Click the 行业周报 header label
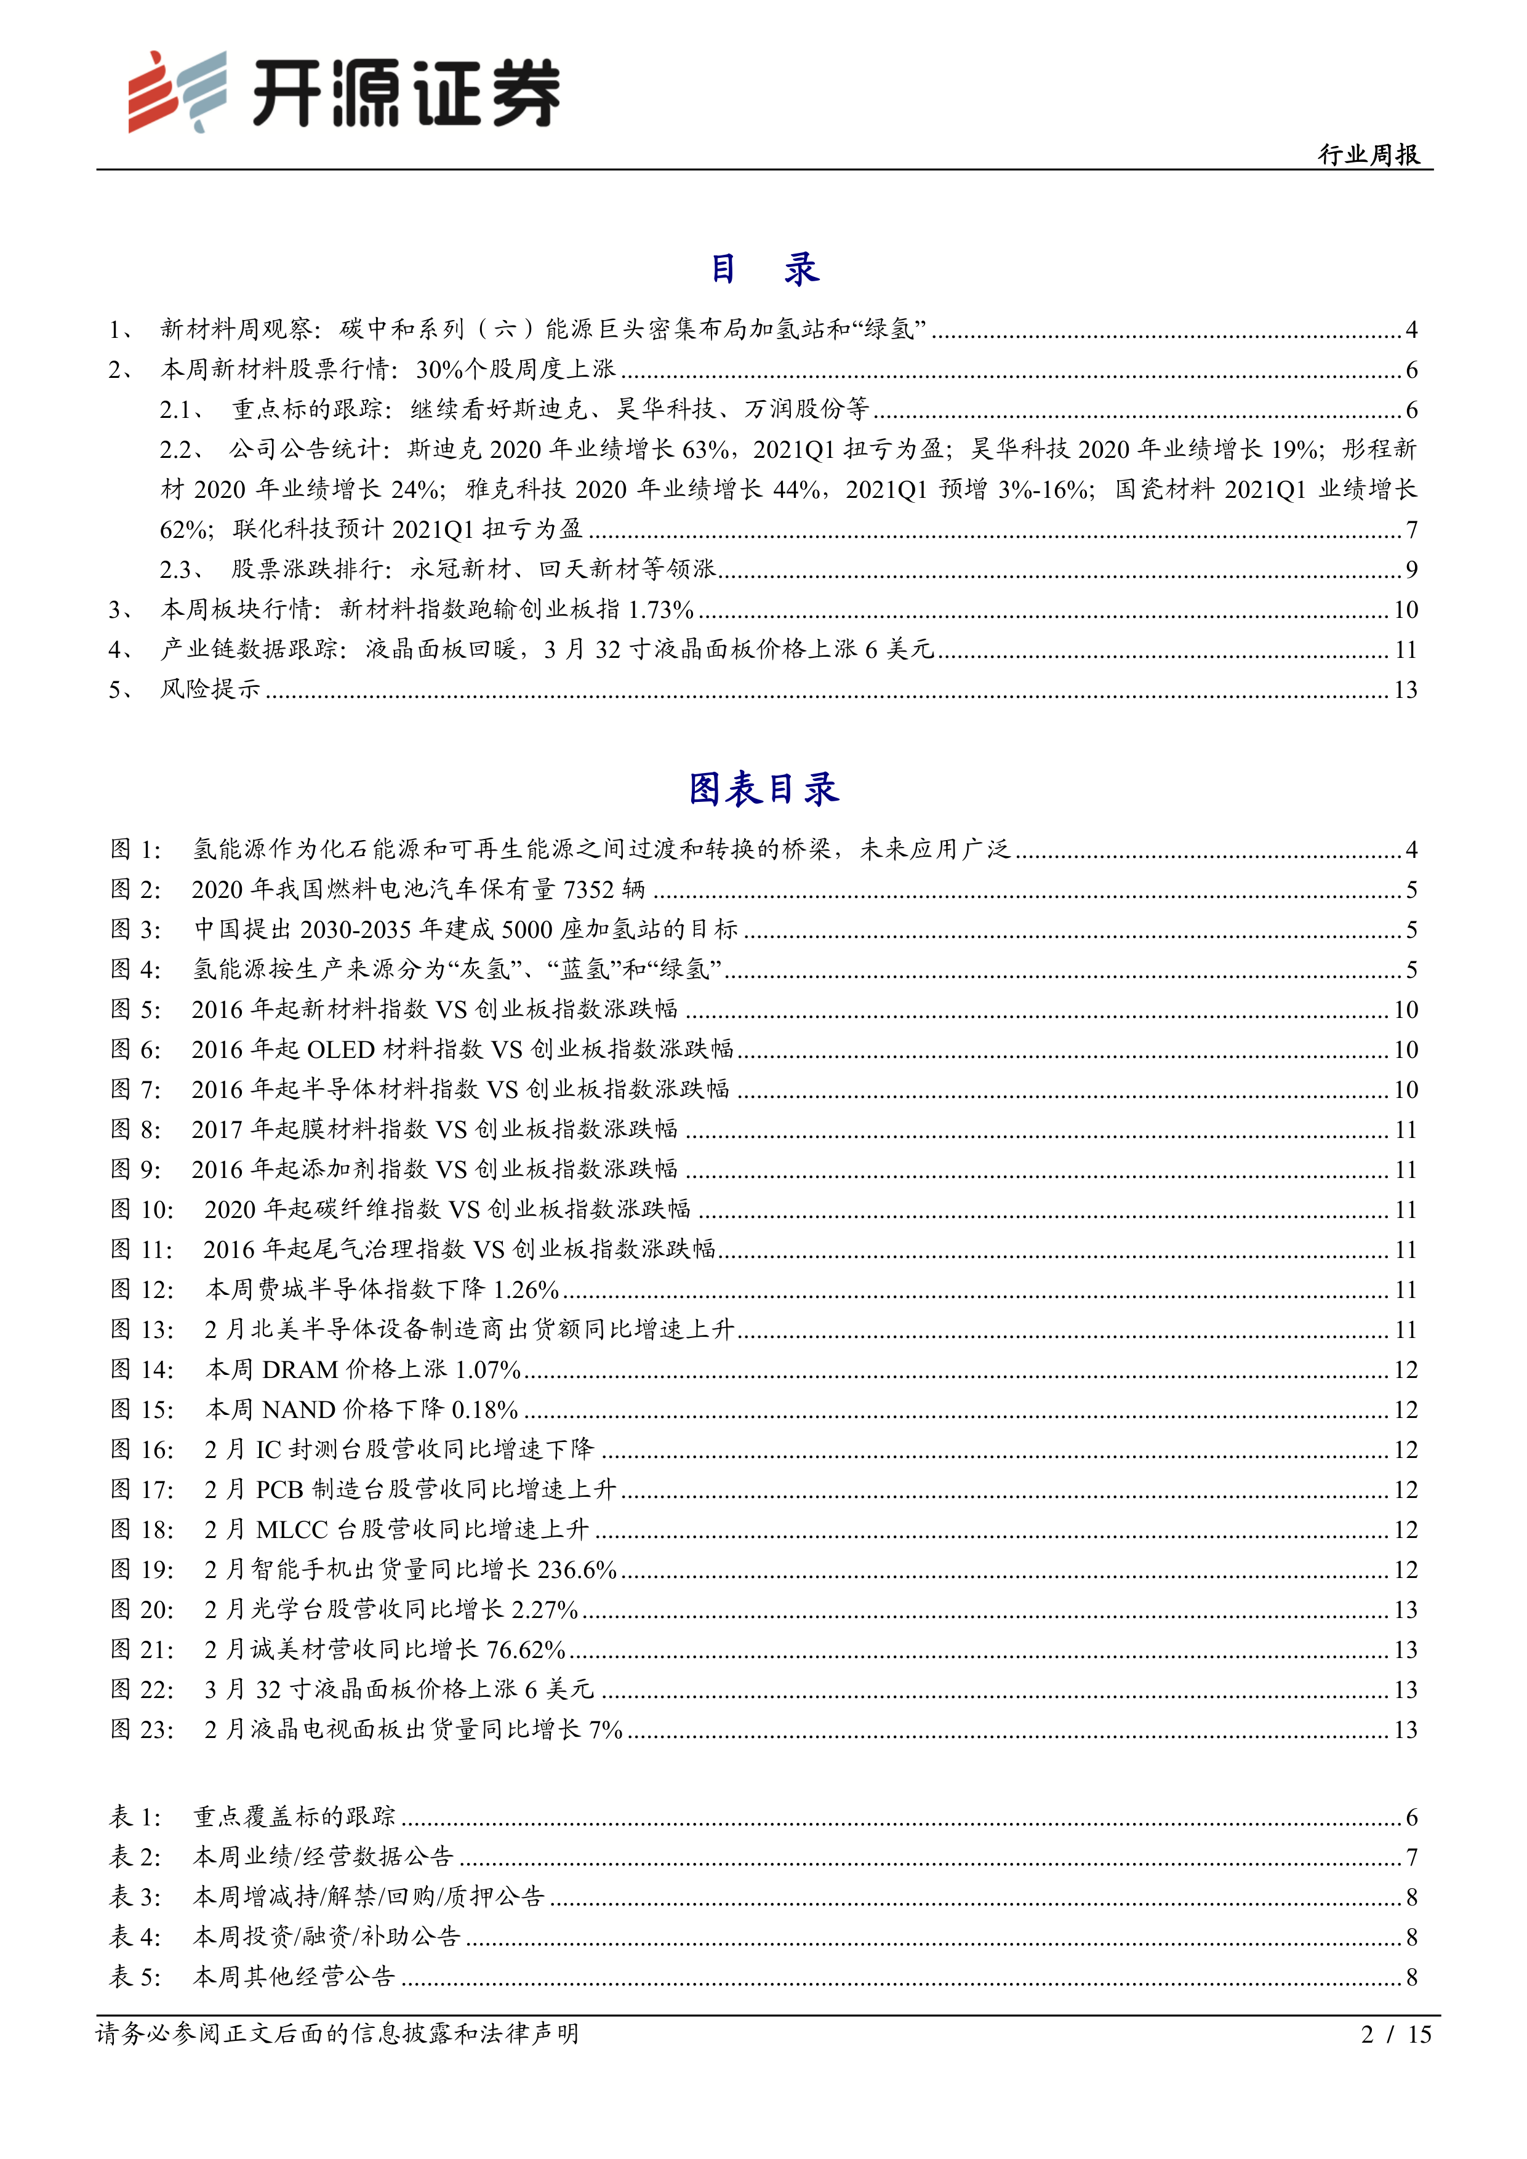tap(1368, 154)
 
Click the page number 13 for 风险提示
tap(1405, 690)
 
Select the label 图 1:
tap(137, 850)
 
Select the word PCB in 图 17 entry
tap(279, 1489)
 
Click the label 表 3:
tap(137, 1897)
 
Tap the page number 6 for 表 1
tap(1411, 1817)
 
